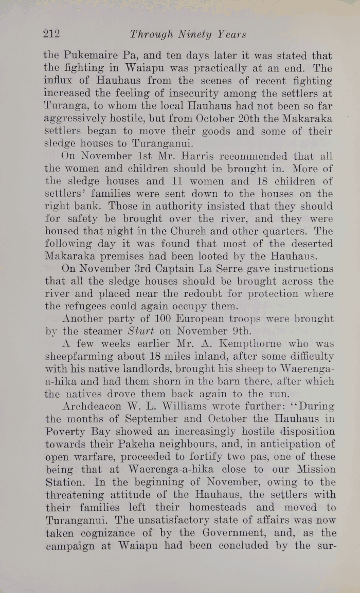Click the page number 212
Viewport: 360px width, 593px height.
pyautogui.click(x=51, y=34)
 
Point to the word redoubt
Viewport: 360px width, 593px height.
pyautogui.click(x=226, y=294)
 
